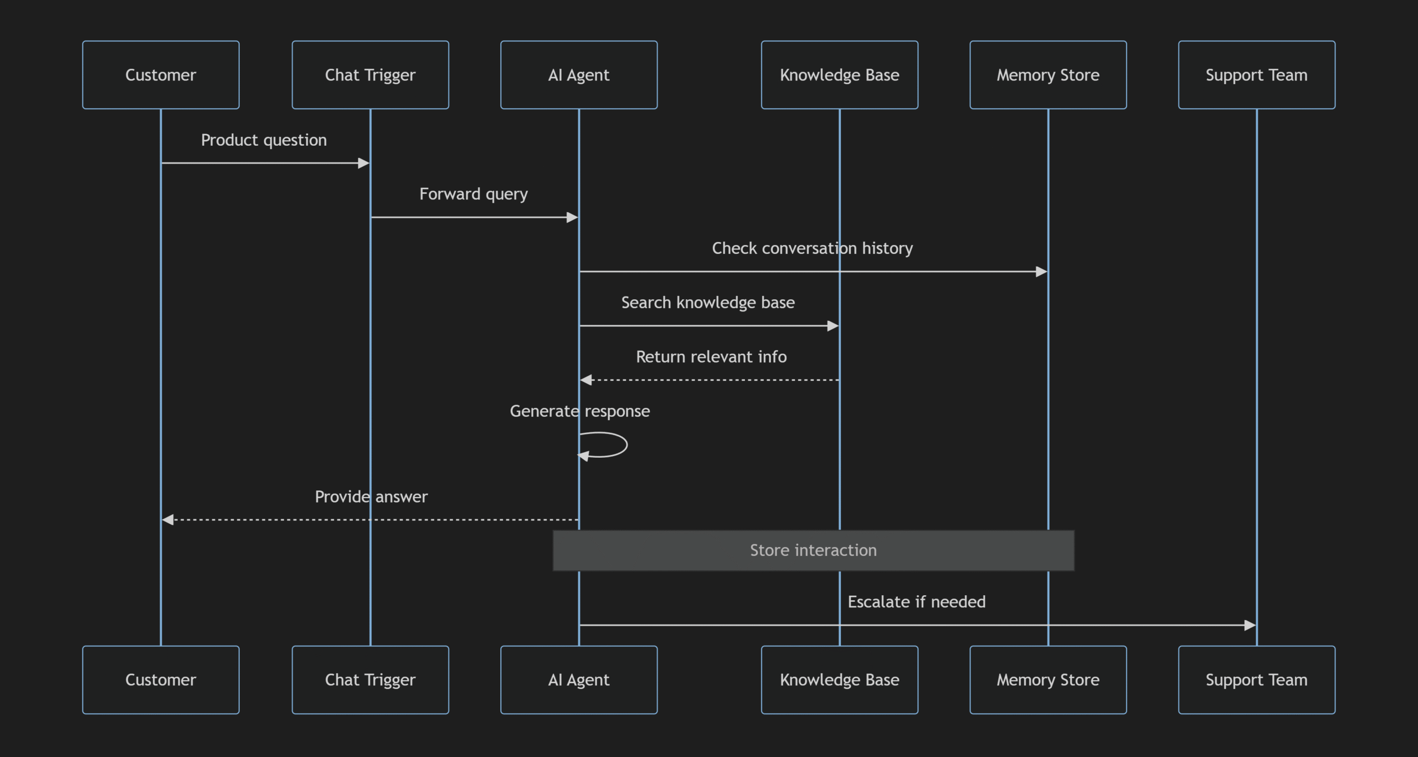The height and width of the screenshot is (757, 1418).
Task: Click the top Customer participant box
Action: click(161, 75)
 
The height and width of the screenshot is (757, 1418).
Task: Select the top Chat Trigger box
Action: click(370, 75)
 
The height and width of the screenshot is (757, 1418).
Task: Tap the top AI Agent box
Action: click(579, 75)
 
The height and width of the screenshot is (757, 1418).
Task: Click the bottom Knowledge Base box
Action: click(839, 679)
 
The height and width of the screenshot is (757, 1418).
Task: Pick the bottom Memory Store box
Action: click(1048, 679)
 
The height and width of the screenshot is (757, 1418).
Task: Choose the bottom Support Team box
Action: click(1256, 679)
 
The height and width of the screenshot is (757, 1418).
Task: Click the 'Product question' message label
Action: click(264, 140)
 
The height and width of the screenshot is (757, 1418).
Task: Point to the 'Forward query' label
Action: click(474, 194)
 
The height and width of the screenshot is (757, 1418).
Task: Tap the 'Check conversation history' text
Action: click(812, 248)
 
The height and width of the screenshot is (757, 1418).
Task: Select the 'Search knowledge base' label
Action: click(708, 303)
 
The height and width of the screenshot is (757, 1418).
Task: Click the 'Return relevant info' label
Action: click(711, 357)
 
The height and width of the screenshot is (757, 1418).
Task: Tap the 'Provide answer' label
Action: click(371, 497)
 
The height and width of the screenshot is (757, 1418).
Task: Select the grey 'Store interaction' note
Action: click(813, 550)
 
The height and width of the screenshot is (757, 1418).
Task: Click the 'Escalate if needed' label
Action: click(917, 602)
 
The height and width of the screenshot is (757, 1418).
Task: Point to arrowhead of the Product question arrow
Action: click(364, 163)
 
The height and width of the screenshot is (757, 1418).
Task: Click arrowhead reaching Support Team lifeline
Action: click(1250, 625)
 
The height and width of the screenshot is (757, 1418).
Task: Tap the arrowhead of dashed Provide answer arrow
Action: click(167, 520)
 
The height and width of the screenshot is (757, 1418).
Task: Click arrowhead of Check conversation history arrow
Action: click(1041, 272)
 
